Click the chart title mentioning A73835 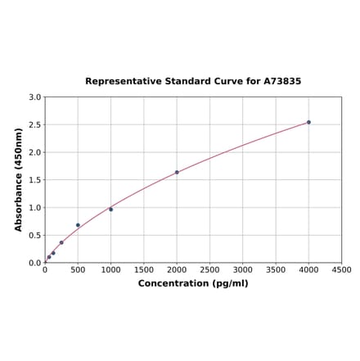coord(193,82)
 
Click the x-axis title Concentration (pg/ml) coord(193,283)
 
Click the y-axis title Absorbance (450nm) coord(19,179)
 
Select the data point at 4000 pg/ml coord(308,122)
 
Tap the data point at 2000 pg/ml coord(177,172)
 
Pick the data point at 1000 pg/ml coord(111,210)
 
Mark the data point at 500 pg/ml coord(78,225)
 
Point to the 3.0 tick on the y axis coord(35,97)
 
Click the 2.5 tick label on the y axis coord(35,124)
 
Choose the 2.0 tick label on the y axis coord(35,152)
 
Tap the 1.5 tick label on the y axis coord(35,180)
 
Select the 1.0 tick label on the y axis coord(35,208)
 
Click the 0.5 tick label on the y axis coord(35,236)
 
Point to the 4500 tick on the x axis coord(341,269)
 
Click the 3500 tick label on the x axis coord(276,269)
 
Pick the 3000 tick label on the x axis coord(243,269)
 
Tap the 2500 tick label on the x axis coord(209,269)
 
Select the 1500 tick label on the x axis coord(144,269)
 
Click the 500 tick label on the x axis coord(78,269)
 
